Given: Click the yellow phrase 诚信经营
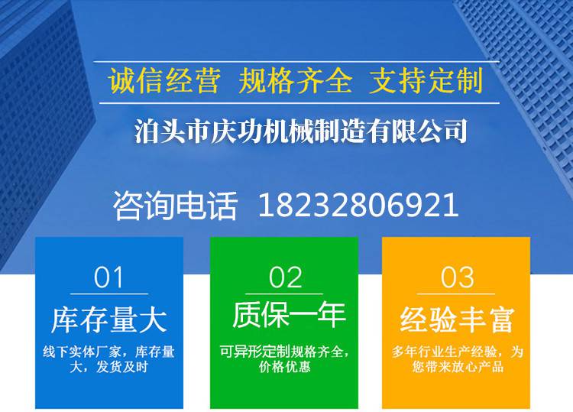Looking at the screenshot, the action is click(164, 80).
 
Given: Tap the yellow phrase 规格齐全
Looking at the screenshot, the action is click(295, 80).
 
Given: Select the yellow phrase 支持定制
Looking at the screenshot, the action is click(426, 80).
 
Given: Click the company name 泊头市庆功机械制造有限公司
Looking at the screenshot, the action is click(301, 131).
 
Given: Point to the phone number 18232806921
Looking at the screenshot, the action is click(358, 206).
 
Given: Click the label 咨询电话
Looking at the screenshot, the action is click(175, 206).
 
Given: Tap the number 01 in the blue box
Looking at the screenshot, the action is click(108, 277).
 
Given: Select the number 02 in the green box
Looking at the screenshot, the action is click(286, 277).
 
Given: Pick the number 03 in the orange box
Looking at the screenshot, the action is click(457, 277).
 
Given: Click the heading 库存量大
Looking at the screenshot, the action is click(109, 320).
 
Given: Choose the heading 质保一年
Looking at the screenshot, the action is click(289, 314).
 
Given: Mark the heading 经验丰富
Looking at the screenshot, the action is click(457, 320).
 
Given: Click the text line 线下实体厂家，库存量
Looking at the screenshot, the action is click(109, 352).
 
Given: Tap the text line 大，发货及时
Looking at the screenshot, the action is click(109, 367).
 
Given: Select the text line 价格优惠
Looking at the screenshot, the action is click(285, 367).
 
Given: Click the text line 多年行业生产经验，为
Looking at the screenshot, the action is click(457, 352).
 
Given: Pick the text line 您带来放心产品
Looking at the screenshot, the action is click(458, 367).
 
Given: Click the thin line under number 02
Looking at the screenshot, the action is click(284, 294).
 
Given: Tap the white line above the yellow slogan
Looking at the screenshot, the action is click(296, 62).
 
